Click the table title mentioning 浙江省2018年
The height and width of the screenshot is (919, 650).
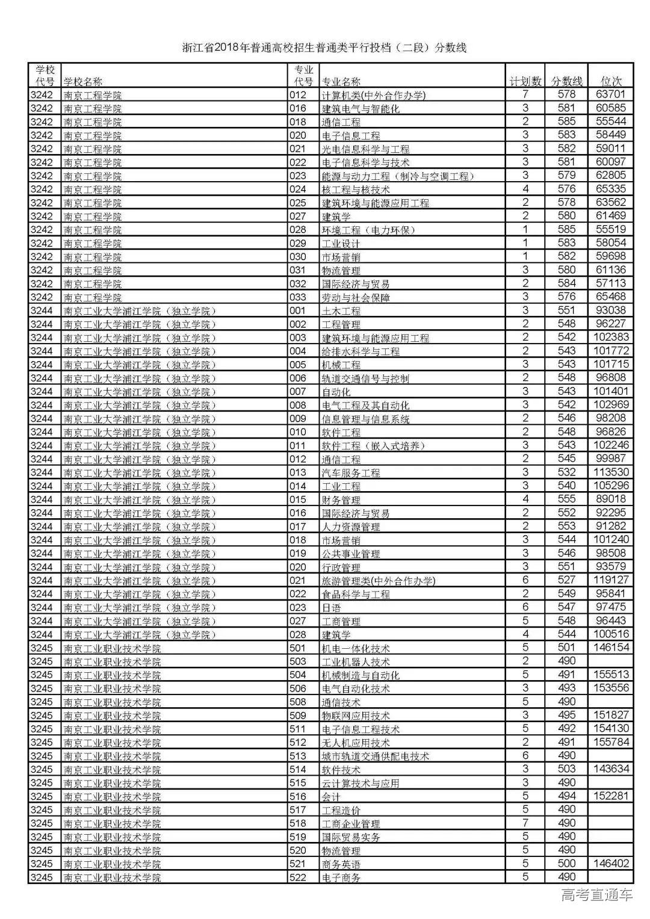(324, 48)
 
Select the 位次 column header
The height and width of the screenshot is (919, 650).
(611, 81)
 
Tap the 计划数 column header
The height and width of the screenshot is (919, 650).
(525, 81)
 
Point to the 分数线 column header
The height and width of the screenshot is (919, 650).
(567, 81)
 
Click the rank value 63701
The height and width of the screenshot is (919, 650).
(611, 94)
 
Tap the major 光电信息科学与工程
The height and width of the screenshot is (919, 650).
(365, 149)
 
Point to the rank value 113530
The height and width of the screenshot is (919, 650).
(611, 472)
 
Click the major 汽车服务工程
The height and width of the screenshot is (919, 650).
(351, 473)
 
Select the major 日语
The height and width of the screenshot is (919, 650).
(332, 608)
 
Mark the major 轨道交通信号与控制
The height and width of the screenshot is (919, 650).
(365, 379)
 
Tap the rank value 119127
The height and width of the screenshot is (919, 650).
(611, 580)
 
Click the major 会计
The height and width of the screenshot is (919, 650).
(332, 797)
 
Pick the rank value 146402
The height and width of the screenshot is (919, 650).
(611, 864)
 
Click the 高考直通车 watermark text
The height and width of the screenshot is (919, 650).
(596, 895)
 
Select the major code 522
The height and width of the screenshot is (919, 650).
(298, 877)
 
